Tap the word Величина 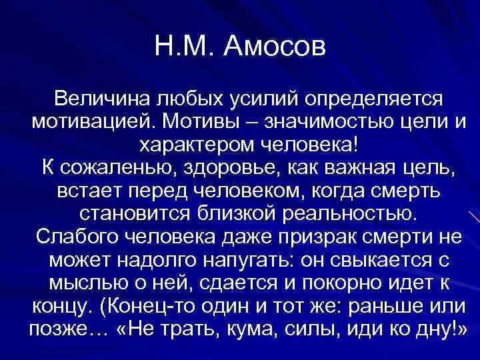pos(101,101)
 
